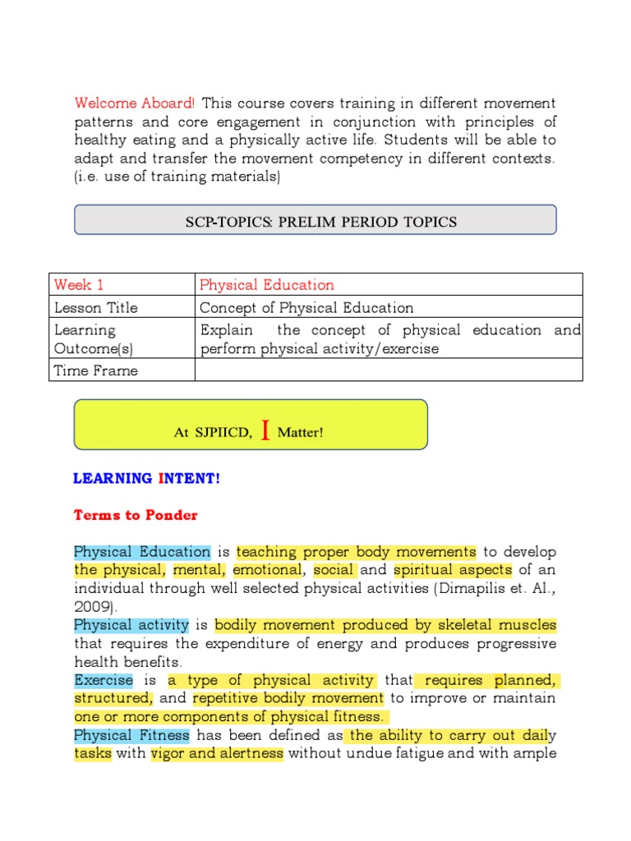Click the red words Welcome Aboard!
[135, 103]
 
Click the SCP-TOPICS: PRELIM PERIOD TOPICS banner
[315, 221]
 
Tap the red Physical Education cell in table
[267, 285]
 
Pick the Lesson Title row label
[95, 308]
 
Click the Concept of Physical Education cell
[306, 308]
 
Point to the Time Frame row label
[95, 370]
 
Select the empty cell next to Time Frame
[388, 370]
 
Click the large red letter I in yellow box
[265, 430]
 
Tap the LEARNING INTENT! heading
[147, 478]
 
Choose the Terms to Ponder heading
[136, 516]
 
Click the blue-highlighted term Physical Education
[142, 552]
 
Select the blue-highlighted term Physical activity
[131, 625]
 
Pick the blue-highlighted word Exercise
[104, 680]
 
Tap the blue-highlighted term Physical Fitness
[131, 735]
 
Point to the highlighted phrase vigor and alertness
[217, 753]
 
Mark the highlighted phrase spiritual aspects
[453, 570]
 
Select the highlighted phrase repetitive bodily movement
[288, 698]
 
